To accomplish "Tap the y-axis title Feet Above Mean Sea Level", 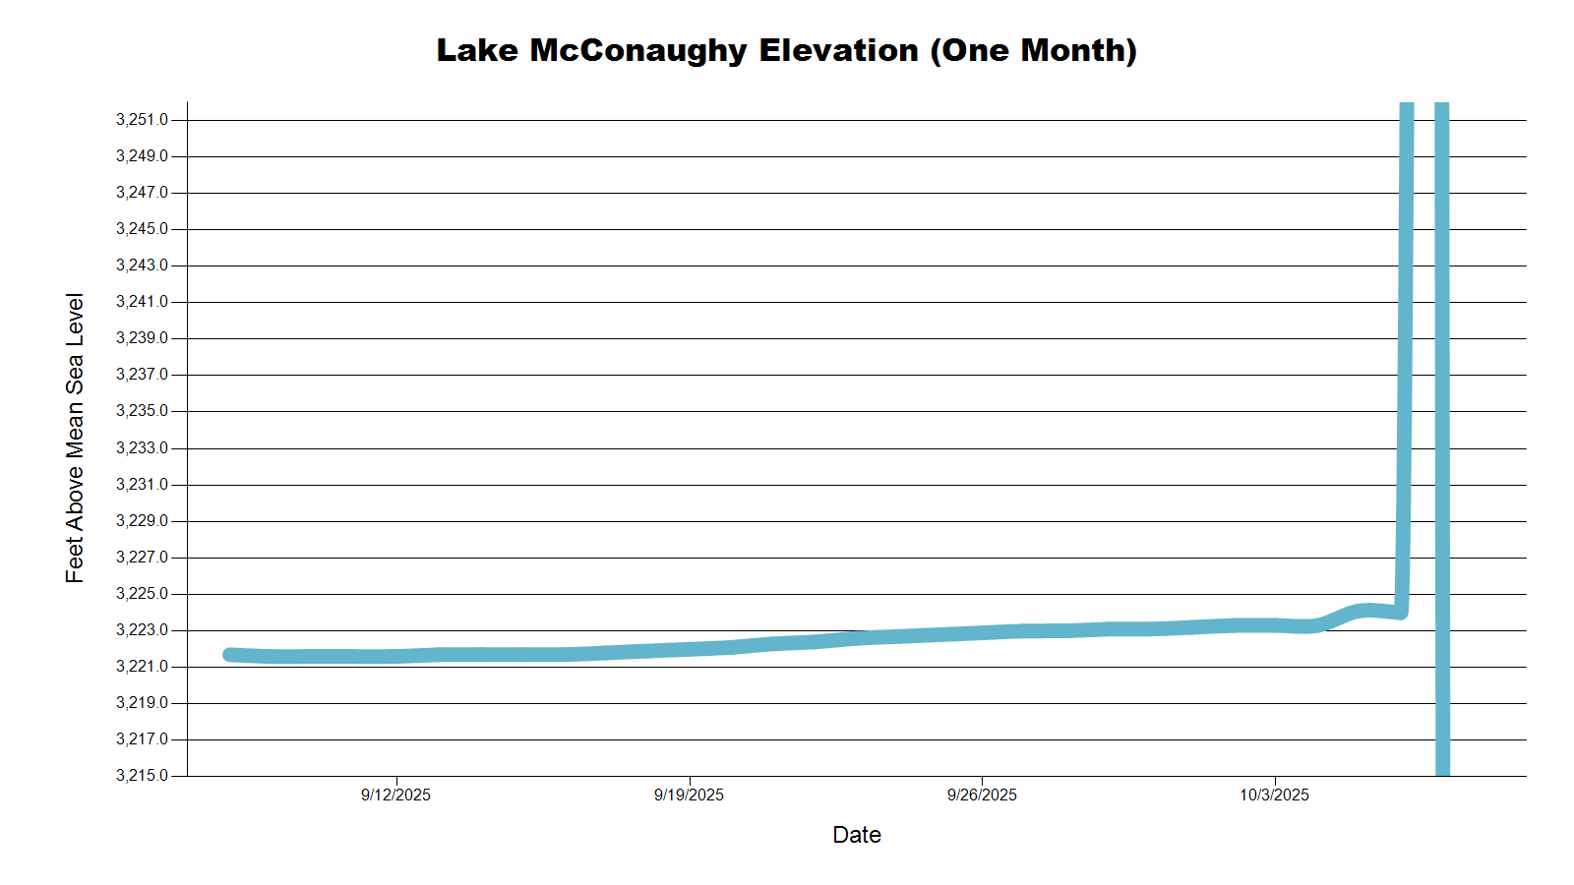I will [75, 438].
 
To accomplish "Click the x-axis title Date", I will [856, 835].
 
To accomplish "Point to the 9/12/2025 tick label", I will [395, 796].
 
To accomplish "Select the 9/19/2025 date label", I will [689, 796].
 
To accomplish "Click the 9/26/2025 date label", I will [982, 796].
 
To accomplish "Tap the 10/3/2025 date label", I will [1274, 796].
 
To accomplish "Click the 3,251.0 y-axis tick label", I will [142, 120].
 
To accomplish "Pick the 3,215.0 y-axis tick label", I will [142, 776].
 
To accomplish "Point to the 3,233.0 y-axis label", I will [142, 448].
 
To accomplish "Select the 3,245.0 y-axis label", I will [142, 229].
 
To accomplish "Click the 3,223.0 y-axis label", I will [142, 630].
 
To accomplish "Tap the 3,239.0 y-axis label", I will [142, 338].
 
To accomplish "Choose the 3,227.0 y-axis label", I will [142, 558].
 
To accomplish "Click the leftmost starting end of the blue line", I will [229, 655].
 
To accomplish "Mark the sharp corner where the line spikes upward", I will [1401, 612].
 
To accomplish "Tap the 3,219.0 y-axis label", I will [142, 703].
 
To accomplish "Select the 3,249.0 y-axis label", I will [142, 156].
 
